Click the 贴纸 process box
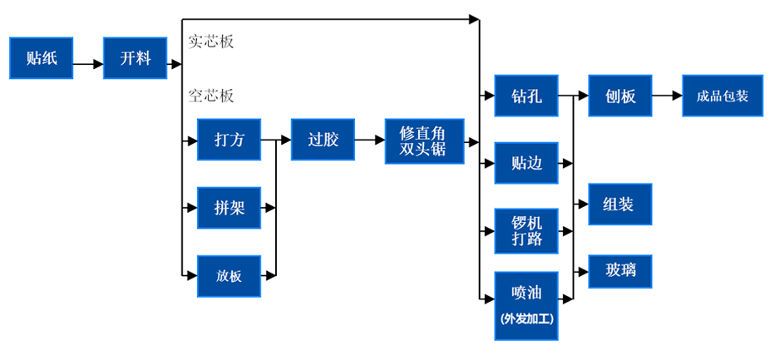(42, 58)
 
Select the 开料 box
(135, 58)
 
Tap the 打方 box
(229, 140)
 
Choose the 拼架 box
(229, 208)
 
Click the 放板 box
(229, 276)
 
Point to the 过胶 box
(323, 140)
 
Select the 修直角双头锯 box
(424, 141)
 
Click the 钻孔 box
(526, 96)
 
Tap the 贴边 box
(526, 163)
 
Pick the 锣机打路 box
(526, 230)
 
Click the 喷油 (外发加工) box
(526, 305)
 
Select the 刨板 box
(620, 96)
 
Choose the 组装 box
(620, 204)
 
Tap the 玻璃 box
(620, 271)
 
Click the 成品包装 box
(723, 96)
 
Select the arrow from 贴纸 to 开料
(88, 63)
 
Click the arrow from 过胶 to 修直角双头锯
(369, 141)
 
